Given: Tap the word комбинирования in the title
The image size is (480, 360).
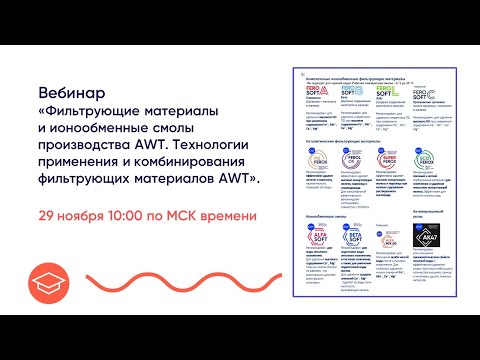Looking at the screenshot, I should [x=171, y=164].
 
